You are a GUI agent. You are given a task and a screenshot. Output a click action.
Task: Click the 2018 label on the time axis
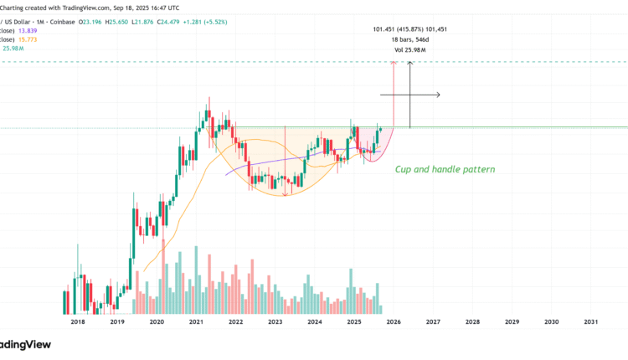pos(77,321)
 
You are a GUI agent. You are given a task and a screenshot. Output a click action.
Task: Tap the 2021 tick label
pos(196,321)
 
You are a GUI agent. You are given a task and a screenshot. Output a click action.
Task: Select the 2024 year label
pos(315,321)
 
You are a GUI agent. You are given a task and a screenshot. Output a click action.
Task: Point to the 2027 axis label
pos(433,321)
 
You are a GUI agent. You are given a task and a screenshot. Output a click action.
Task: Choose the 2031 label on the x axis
pos(590,321)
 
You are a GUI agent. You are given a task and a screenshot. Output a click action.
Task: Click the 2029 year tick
pos(512,321)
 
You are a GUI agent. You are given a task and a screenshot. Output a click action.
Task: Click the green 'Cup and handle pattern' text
pos(445,169)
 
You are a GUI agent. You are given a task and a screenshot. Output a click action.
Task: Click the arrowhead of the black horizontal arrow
pos(439,95)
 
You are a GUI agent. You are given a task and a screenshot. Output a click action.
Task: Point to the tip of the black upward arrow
pos(410,64)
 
